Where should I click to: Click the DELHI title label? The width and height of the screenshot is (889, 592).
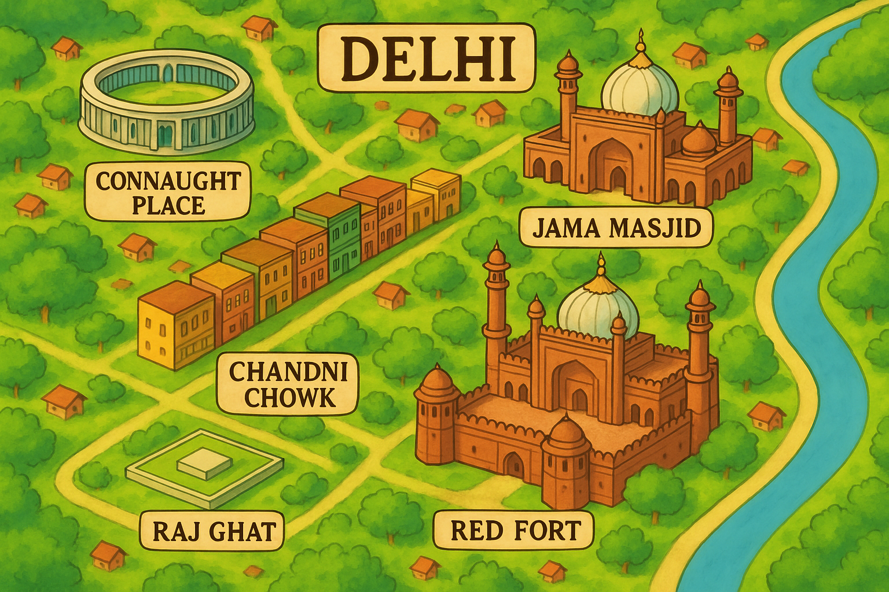[427, 58]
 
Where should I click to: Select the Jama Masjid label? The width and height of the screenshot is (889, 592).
[616, 228]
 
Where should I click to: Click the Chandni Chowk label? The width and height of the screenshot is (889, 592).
[288, 384]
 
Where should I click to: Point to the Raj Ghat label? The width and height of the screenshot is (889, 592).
[213, 531]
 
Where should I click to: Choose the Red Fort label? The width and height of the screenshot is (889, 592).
[515, 530]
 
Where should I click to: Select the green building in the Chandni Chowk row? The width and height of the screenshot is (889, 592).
[345, 249]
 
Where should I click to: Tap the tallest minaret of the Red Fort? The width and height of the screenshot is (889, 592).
[497, 306]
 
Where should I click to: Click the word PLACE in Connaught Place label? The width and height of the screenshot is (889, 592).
[168, 206]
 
